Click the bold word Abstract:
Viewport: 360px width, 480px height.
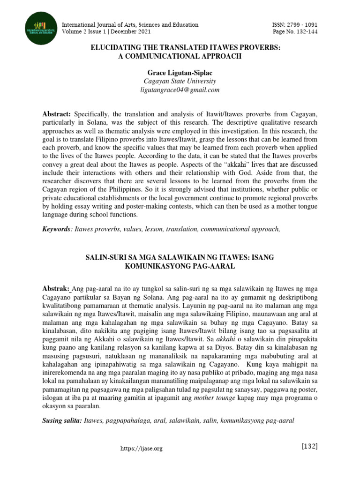[57, 114]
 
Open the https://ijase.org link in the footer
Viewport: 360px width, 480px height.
[141, 449]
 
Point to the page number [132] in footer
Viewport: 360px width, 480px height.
[309, 446]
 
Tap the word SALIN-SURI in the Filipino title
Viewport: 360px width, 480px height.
[104, 258]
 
